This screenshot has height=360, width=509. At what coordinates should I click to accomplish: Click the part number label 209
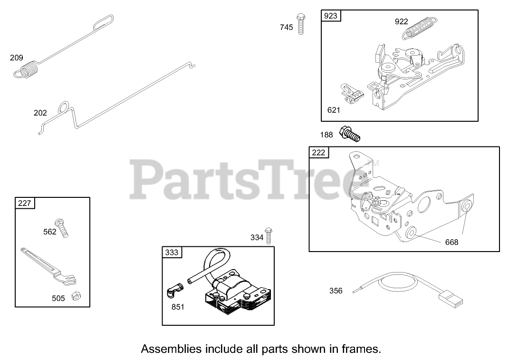pos(17,58)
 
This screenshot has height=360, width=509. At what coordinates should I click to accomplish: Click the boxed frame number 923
pos(330,16)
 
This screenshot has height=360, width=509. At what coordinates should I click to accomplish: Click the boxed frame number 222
pos(318,152)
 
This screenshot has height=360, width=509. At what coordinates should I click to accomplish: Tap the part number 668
pos(451,242)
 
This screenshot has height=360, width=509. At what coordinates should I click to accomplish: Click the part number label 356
pos(336,291)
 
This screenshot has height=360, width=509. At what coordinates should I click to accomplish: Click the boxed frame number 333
pos(171,252)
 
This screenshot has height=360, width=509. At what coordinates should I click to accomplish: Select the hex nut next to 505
pos(75,296)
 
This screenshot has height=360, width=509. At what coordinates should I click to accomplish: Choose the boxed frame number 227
pos(24,203)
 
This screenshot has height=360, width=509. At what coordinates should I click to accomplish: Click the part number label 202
pos(40,113)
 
